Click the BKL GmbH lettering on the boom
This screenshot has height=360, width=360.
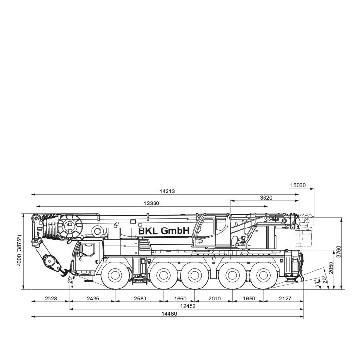164,231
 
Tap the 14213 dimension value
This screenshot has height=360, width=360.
167,191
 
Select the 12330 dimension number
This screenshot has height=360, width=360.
151,203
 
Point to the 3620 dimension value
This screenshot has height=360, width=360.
266,197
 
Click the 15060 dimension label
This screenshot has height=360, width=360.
298,185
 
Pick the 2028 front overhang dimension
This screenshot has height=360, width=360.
50,299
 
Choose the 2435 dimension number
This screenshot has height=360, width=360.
93,299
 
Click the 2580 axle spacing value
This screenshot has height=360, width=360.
140,299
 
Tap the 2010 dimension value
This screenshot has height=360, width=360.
215,299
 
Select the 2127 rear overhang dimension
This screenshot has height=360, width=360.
285,299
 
